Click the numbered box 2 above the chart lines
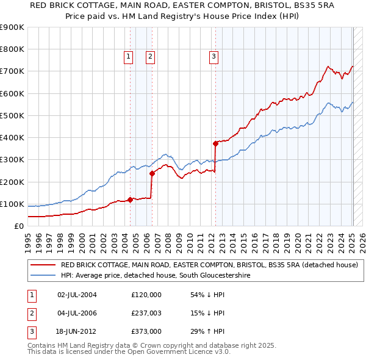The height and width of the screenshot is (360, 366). pos(150,57)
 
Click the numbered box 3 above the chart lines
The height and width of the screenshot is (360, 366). pos(214,57)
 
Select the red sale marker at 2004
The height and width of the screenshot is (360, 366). pos(130,200)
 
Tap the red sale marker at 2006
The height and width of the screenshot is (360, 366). pos(152,173)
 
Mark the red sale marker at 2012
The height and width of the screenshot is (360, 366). pos(215,144)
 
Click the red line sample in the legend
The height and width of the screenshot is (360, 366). pos(43,265)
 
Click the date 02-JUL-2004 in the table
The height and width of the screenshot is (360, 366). pos(76,295)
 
